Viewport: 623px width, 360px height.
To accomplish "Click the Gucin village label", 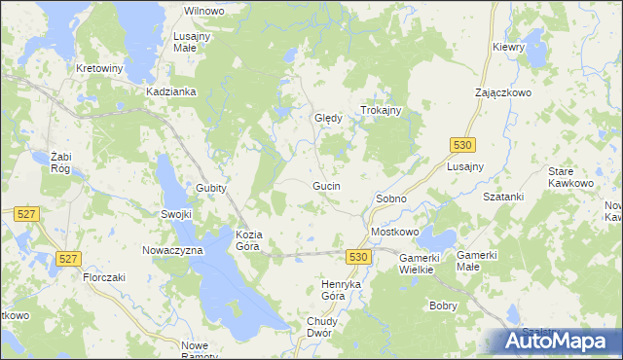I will (326, 185).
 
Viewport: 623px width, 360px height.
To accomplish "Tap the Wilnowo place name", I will (204, 10).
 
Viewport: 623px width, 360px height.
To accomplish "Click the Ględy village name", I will (328, 119).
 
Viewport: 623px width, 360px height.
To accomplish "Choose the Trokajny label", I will (382, 111).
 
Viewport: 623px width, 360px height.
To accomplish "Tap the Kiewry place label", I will (509, 47).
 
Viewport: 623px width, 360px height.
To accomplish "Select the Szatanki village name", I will (504, 196).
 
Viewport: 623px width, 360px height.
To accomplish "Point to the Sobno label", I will (390, 198).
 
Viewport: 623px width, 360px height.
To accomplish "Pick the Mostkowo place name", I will (394, 233).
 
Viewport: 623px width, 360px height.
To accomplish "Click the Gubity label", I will (211, 188).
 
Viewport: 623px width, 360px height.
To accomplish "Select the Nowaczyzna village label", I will (171, 250).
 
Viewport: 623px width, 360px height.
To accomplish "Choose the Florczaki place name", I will (106, 276).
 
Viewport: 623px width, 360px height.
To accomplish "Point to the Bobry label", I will (443, 305).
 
